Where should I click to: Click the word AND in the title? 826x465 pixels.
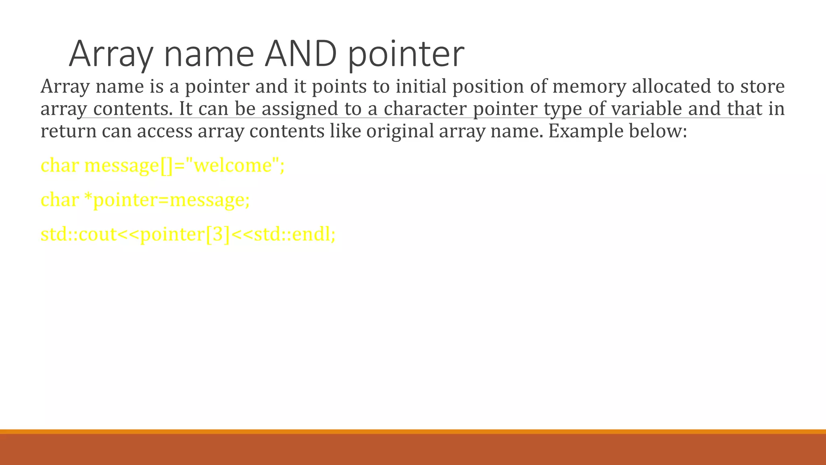click(300, 54)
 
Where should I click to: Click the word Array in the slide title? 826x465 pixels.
click(111, 54)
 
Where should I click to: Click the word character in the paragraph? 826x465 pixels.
click(425, 109)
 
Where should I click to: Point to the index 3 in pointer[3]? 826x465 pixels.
click(217, 235)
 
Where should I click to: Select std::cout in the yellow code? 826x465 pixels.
click(79, 235)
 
